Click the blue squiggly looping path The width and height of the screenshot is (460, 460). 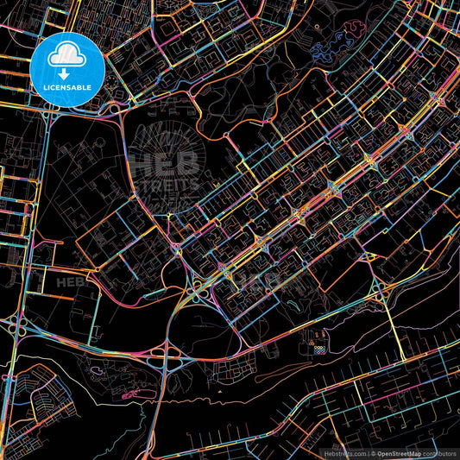click(x=342, y=41)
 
